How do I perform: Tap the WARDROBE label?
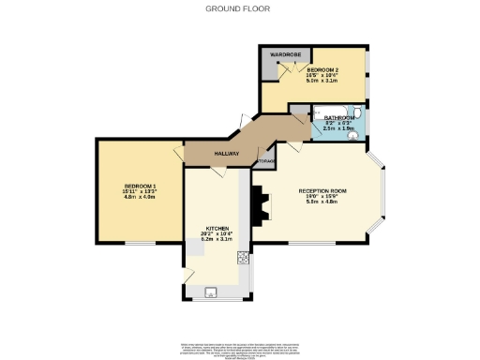pyautogui.click(x=284, y=55)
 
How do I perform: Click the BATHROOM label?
pyautogui.click(x=338, y=117)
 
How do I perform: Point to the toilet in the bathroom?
pyautogui.click(x=357, y=112)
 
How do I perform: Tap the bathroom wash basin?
pyautogui.click(x=352, y=135)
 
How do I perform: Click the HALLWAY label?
pyautogui.click(x=226, y=154)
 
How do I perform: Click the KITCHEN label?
pyautogui.click(x=218, y=228)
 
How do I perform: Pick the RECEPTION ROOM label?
pyautogui.click(x=322, y=191)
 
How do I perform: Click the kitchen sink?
pyautogui.click(x=210, y=292)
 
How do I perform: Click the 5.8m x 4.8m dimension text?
pyautogui.click(x=322, y=203)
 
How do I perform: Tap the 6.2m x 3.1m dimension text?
pyautogui.click(x=218, y=240)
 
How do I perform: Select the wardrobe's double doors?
pyautogui.click(x=286, y=74)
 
